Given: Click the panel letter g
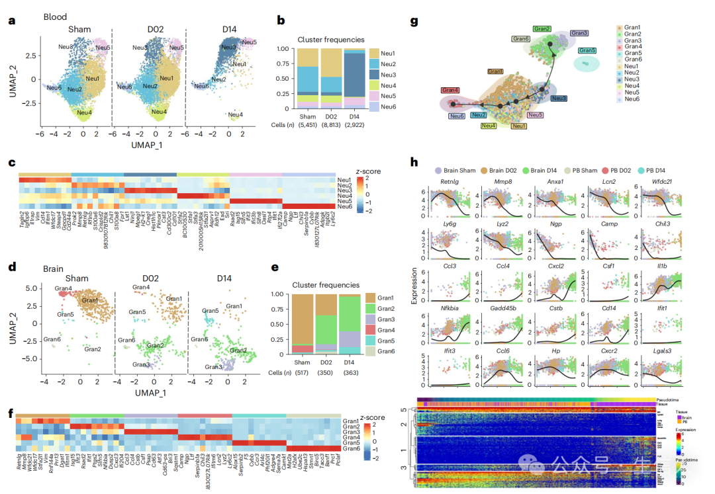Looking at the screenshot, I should [x=415, y=21].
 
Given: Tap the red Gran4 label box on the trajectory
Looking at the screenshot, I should [x=451, y=91].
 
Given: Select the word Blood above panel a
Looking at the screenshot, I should [x=55, y=17].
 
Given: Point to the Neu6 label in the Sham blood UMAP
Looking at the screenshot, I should [x=54, y=87].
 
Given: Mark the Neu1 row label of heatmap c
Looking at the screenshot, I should [x=343, y=179].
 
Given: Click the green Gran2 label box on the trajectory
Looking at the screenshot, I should [x=542, y=29].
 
